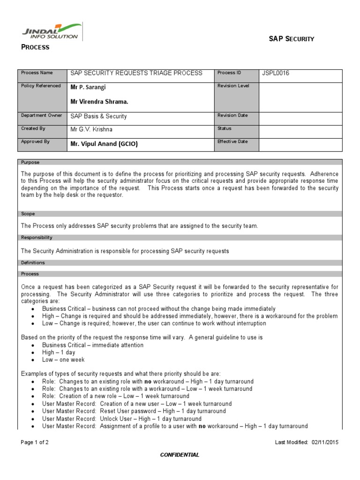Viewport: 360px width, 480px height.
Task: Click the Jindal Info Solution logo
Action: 52,32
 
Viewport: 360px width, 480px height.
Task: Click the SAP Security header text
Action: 291,39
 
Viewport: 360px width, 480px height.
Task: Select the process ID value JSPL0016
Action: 276,73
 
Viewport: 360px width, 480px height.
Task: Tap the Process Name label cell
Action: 37,73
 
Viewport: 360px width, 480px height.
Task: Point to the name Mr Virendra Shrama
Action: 99,101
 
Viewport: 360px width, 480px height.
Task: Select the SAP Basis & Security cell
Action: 98,116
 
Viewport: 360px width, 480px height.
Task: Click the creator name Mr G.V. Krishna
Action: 91,129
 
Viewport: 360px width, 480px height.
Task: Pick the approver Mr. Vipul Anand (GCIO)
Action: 104,144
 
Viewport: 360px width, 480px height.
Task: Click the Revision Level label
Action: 233,86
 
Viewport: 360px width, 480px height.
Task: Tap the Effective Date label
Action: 232,142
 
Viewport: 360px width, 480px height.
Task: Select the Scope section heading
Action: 28,214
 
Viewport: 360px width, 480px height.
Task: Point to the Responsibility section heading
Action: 37,238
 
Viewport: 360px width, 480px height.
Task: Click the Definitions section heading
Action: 33,263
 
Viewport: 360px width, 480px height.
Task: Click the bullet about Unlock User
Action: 121,419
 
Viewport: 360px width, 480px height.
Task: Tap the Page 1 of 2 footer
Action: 35,442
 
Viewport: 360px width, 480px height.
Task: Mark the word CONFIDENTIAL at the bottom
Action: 180,455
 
